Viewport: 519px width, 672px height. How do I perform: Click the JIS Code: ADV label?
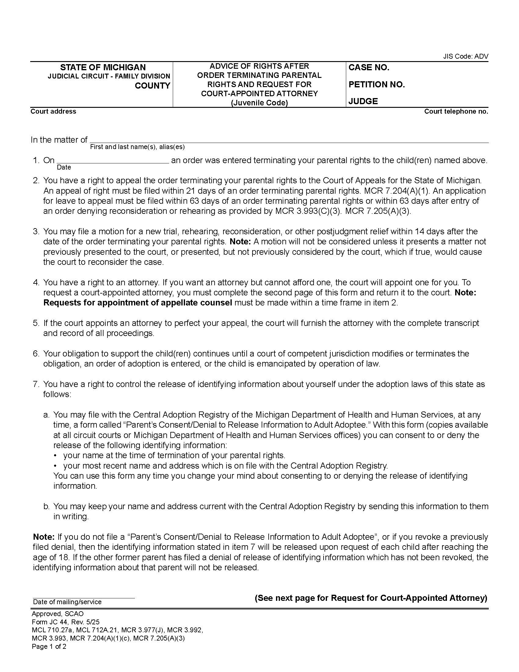pos(465,56)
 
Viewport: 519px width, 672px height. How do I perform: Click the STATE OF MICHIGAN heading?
pos(103,68)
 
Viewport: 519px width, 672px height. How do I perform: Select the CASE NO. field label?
pos(369,68)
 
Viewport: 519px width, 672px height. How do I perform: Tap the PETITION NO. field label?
pos(376,85)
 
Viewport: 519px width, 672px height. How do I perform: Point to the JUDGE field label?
pos(363,101)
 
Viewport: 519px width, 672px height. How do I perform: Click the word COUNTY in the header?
pos(152,86)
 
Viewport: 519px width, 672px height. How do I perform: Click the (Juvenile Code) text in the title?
pos(259,103)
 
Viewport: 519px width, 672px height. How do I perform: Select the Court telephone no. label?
pos(456,111)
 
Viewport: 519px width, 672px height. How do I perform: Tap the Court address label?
pos(53,111)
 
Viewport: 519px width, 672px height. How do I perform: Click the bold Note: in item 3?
pos(241,242)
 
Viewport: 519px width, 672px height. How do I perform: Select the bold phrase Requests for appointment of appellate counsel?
pos(137,303)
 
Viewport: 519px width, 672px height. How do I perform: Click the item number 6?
pos(36,353)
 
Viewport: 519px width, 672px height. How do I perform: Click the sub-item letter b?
pos(46,506)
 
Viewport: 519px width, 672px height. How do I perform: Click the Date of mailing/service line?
pos(84,597)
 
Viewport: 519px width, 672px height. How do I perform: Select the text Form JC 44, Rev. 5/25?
pos(66,622)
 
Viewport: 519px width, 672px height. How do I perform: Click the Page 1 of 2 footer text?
pos(49,646)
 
